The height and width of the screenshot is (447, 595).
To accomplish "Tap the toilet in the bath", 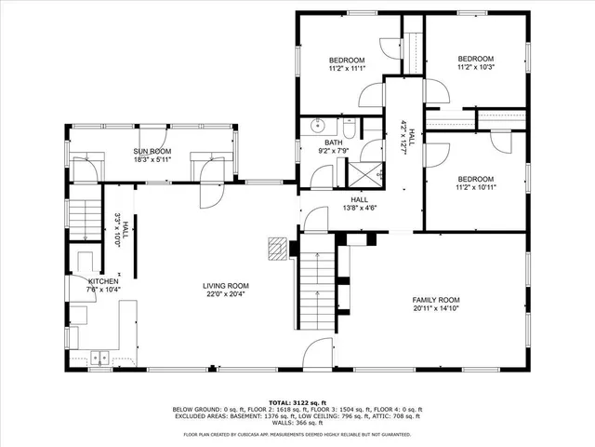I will pos(349,127).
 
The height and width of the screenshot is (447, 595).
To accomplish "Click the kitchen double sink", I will pos(100,356).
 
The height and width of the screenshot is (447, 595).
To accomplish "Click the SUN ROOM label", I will pos(152,151).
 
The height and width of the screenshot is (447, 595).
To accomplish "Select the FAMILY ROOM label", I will pos(437,299).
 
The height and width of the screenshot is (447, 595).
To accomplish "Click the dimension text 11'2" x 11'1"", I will pos(346,68).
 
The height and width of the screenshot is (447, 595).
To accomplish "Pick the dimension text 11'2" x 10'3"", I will pos(475,66).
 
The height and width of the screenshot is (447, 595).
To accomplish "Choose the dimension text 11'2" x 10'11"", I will pos(475,187).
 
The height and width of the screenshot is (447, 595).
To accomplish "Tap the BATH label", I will pos(333,142).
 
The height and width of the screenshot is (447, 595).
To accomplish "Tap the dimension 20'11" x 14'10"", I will pos(437,308).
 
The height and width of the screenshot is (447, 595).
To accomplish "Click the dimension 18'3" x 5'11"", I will pos(152,159).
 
